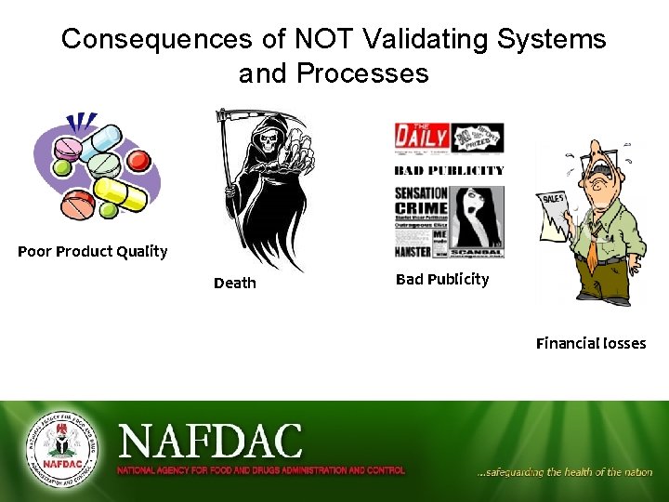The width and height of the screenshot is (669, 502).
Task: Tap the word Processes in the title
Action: pyautogui.click(x=367, y=73)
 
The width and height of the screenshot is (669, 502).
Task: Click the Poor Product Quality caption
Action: pyautogui.click(x=93, y=251)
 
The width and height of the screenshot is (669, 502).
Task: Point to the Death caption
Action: pyautogui.click(x=235, y=283)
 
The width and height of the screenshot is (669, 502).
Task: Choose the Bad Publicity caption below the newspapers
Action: pyautogui.click(x=442, y=279)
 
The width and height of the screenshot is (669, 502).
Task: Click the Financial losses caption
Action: pyautogui.click(x=591, y=343)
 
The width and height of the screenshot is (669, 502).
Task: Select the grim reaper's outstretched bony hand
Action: pyautogui.click(x=299, y=150)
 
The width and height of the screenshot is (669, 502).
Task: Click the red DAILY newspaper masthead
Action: pyautogui.click(x=421, y=138)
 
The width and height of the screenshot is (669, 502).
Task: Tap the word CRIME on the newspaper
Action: pyautogui.click(x=421, y=208)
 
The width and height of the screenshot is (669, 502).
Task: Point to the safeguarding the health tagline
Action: pyautogui.click(x=564, y=472)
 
